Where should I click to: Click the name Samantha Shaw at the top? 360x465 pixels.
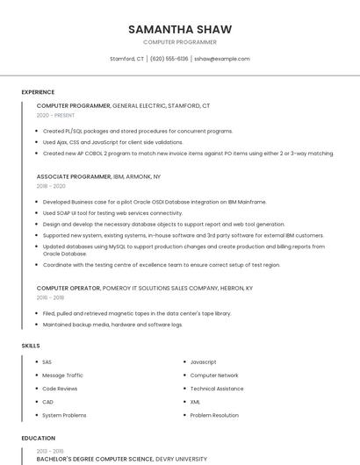point(179,29)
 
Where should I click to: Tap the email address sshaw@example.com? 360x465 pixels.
point(222,59)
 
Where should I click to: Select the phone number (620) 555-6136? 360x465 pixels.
point(169,59)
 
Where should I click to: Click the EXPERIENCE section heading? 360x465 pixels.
point(38,91)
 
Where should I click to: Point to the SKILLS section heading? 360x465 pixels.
point(31,346)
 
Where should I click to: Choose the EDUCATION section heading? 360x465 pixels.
point(38,438)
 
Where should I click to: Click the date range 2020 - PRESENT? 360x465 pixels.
point(55,115)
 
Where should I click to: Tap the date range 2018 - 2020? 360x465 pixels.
point(51,186)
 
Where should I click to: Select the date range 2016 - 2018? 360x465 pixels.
point(51,297)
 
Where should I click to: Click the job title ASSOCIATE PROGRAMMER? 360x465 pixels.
point(74,176)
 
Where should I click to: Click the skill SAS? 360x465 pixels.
point(47,362)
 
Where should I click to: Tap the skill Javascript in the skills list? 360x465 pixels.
point(203,362)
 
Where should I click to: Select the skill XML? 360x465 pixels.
point(196,402)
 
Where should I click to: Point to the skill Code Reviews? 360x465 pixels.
point(60,389)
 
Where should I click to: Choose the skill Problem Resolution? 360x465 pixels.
point(214,415)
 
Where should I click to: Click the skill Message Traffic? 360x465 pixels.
point(62,376)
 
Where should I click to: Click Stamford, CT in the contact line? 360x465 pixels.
point(126,59)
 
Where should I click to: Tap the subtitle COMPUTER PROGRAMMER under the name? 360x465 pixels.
point(179,42)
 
